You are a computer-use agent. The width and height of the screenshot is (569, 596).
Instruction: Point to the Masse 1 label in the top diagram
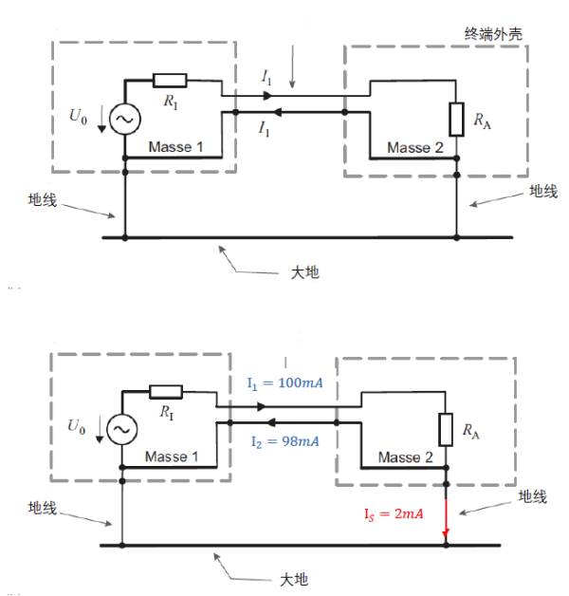pos(175,147)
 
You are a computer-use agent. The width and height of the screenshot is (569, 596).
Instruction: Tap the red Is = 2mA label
pos(392,513)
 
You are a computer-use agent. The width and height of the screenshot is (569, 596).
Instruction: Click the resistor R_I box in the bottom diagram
pos(166,391)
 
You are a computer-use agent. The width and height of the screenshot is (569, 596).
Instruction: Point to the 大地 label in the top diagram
pos(304,271)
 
